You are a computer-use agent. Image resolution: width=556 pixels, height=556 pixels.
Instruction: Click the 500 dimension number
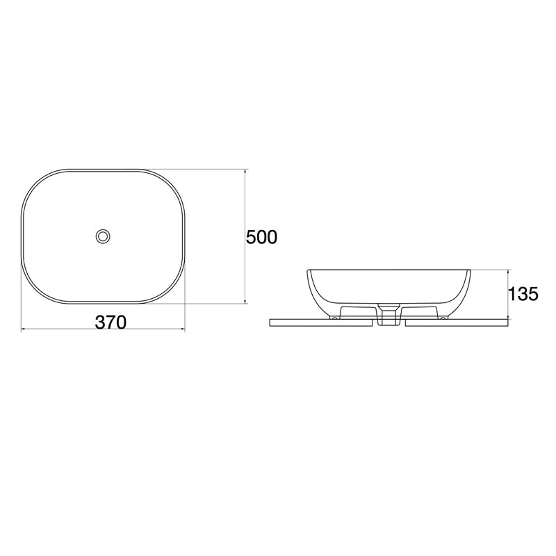(x=262, y=238)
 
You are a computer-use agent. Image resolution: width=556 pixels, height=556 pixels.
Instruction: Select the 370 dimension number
(x=111, y=322)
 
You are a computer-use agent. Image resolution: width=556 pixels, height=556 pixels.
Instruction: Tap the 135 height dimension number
(x=524, y=294)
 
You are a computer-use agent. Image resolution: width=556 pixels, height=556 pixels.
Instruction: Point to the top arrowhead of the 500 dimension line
(x=245, y=172)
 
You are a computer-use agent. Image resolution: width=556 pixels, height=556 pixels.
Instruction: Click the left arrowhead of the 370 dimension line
(x=24, y=328)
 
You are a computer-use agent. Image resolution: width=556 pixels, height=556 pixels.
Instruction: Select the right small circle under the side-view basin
(x=443, y=318)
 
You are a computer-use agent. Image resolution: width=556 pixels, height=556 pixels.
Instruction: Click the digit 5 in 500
(x=252, y=238)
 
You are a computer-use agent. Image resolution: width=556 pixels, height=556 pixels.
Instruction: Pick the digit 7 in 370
(x=111, y=322)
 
